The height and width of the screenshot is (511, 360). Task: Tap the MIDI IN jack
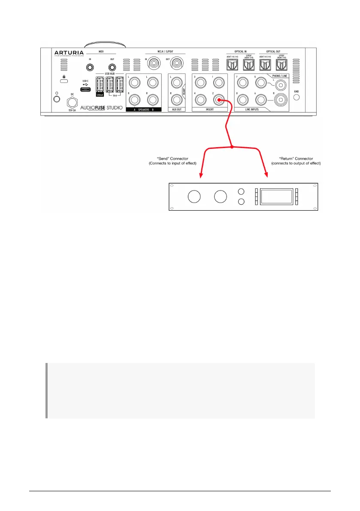pyautogui.click(x=90, y=67)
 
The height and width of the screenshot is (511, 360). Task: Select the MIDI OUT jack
pyautogui.click(x=112, y=67)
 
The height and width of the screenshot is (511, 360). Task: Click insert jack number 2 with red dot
pyautogui.click(x=219, y=100)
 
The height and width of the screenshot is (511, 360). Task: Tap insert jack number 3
pyautogui.click(x=200, y=82)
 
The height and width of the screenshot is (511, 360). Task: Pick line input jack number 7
pyautogui.click(x=243, y=82)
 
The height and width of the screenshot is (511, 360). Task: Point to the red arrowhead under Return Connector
pyautogui.click(x=267, y=174)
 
